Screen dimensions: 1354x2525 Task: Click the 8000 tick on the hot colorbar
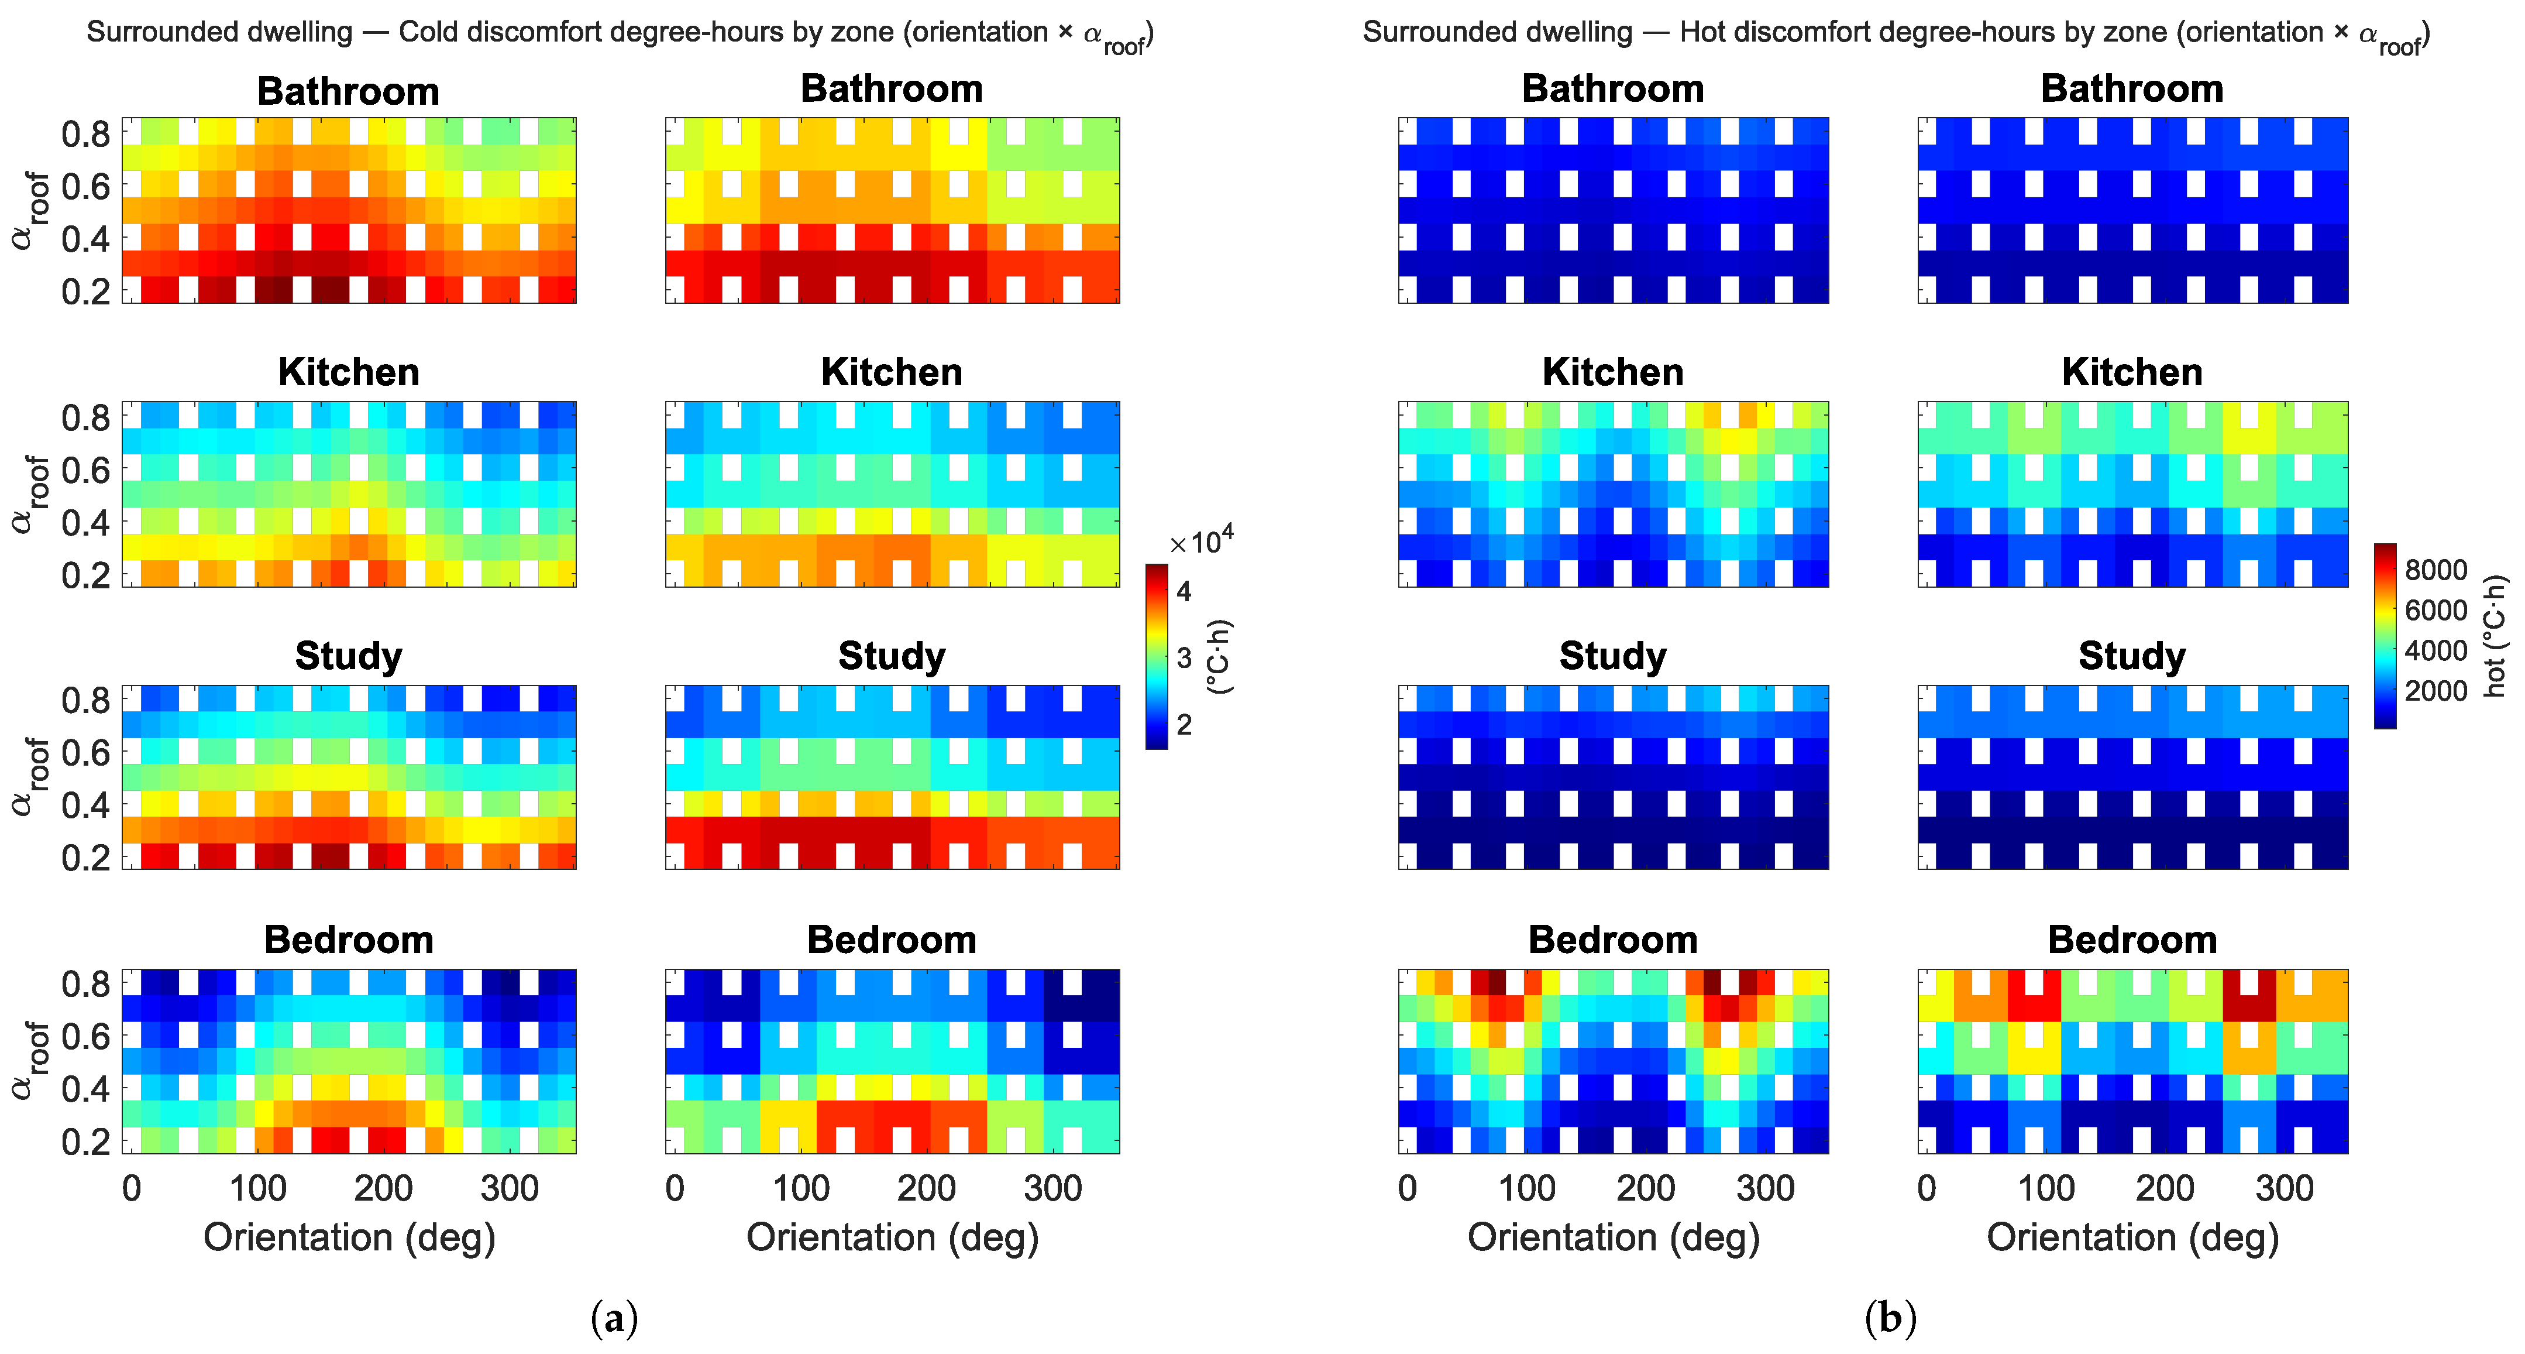click(2436, 570)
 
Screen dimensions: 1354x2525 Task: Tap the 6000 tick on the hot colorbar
click(2436, 610)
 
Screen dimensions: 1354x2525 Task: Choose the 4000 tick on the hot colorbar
click(2436, 650)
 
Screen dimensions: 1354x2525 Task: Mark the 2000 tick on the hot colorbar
click(2436, 690)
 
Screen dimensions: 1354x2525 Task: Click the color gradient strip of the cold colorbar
click(1157, 657)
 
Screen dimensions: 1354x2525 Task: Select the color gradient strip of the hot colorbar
click(2385, 635)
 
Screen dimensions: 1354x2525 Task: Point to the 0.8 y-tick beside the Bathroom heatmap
click(85, 133)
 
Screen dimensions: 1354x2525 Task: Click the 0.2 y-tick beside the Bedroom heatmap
click(85, 1142)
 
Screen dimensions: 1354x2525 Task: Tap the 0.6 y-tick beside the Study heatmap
click(85, 752)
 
